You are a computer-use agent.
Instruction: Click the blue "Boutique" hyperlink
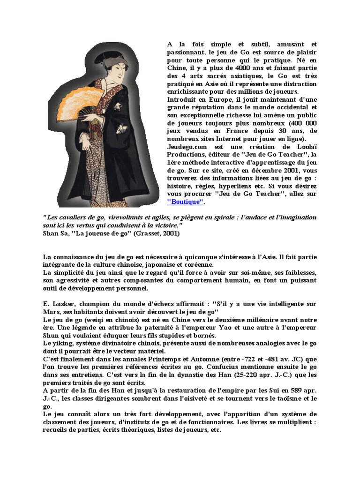[x=186, y=202]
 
